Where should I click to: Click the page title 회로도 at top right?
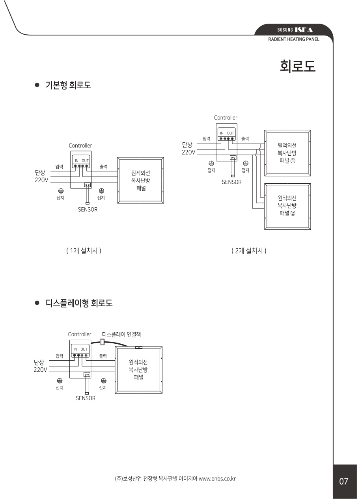[298, 66]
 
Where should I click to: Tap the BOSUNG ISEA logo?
[295, 30]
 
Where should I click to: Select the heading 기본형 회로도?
[68, 85]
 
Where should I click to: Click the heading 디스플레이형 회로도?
[79, 303]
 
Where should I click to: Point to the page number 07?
[343, 481]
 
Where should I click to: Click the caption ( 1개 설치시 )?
[84, 251]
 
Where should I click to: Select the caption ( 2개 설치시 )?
[249, 251]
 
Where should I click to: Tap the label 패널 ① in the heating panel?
[287, 161]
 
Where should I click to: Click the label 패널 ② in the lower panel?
[287, 213]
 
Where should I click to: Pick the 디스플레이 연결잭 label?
[121, 334]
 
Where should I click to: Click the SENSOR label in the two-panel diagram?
[232, 182]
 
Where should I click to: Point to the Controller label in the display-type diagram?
[80, 334]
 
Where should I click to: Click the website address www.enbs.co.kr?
[217, 479]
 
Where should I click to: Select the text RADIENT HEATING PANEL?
[293, 39]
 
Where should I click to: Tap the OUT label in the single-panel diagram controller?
[85, 161]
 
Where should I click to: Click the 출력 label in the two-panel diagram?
[245, 139]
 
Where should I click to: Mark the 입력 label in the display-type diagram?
[59, 356]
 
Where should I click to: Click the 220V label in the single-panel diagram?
[41, 180]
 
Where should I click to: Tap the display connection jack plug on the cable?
[102, 342]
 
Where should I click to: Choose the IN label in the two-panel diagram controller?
[222, 133]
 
